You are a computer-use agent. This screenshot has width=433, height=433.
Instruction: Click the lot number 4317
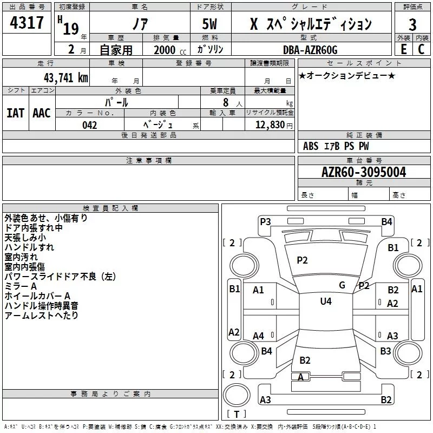(x=27, y=23)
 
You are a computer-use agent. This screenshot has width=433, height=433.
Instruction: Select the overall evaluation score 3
(x=412, y=24)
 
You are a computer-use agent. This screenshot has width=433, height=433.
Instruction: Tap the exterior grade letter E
(x=403, y=49)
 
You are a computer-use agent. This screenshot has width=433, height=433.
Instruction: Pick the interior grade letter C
(x=421, y=49)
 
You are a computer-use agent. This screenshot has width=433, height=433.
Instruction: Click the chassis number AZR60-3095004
(x=363, y=173)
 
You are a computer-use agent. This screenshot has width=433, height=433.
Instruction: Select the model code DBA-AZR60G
(x=310, y=50)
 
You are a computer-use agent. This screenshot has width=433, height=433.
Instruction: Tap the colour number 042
(x=89, y=125)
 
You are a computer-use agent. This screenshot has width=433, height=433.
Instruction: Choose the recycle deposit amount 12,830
(x=269, y=125)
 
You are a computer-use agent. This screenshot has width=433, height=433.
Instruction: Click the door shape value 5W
(x=210, y=24)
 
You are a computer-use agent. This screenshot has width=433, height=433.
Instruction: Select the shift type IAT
(x=15, y=113)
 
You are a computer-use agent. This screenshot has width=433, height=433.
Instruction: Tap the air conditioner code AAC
(x=42, y=113)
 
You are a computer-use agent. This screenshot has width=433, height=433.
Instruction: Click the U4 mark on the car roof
(x=325, y=301)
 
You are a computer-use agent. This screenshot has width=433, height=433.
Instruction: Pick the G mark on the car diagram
(x=342, y=285)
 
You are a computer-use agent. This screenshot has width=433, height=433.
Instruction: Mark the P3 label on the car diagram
(x=265, y=221)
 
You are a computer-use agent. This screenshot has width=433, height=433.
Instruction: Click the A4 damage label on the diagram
(x=259, y=336)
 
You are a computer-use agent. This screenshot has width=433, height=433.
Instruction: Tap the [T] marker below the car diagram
(x=236, y=415)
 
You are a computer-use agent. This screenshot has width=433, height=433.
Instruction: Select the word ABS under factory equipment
(x=311, y=146)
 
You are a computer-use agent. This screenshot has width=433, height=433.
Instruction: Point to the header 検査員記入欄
(x=110, y=208)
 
